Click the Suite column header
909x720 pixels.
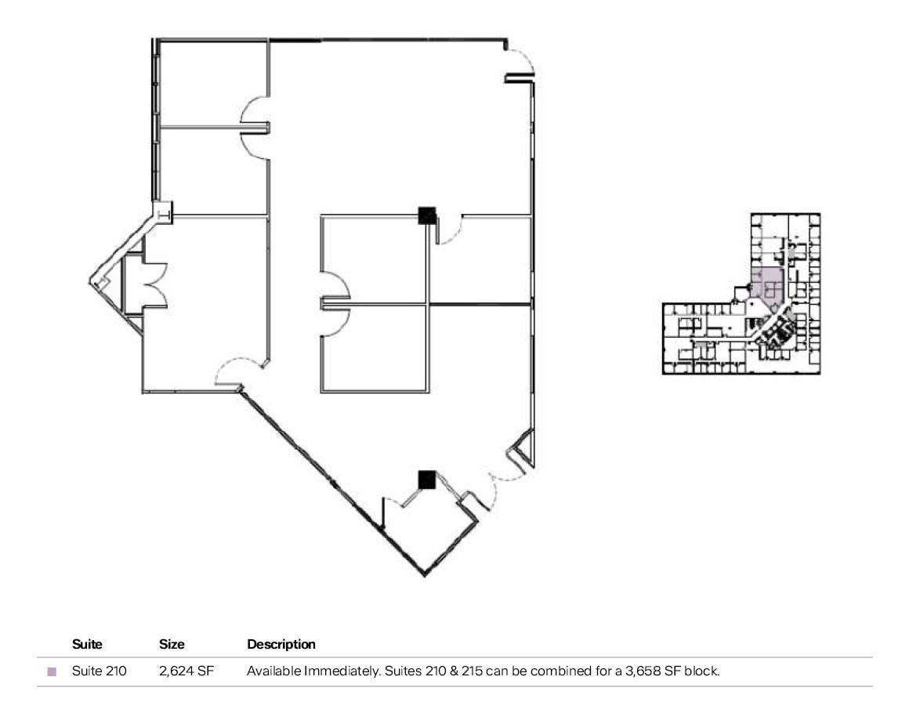87,645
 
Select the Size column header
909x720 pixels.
172,645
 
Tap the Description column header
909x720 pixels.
281,645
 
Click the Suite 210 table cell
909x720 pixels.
99,671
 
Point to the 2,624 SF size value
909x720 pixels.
187,671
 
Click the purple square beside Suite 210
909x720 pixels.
53,671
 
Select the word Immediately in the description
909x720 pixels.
331,671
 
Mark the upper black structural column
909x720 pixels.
427,215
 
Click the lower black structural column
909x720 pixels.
426,479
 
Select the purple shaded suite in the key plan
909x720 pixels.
767,285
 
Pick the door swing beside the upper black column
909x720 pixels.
451,230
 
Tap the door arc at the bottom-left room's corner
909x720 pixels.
234,371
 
